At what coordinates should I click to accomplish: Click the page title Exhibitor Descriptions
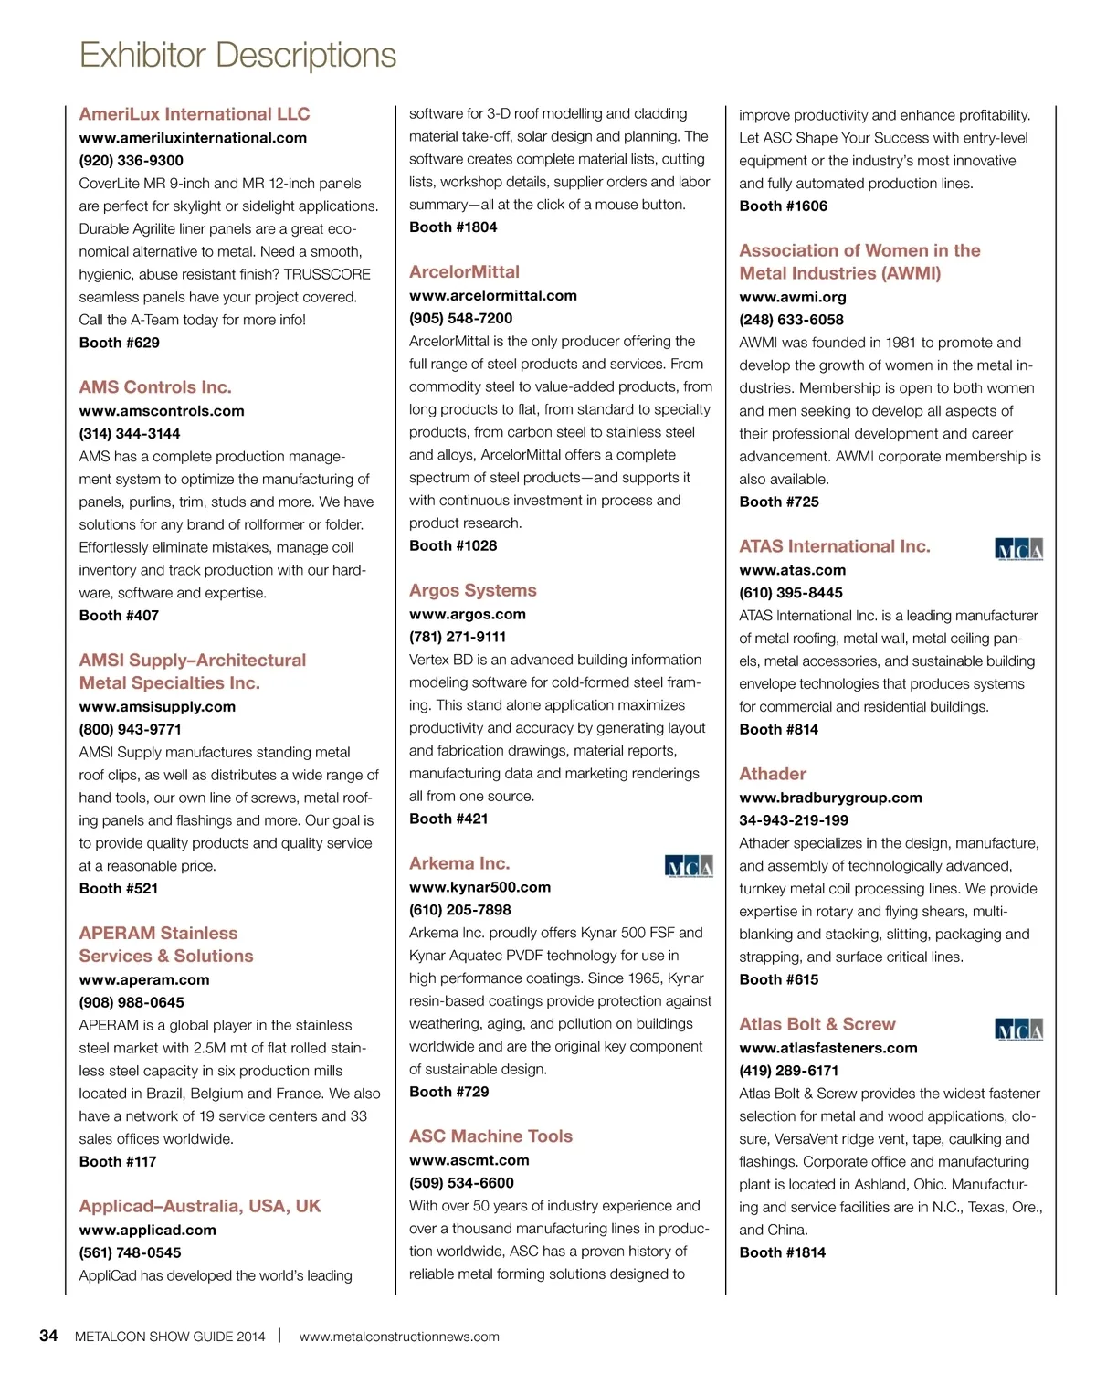click(237, 56)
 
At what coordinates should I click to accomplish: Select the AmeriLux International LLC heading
click(195, 114)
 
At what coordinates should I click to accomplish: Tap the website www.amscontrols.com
click(162, 411)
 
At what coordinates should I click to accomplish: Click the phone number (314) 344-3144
click(130, 434)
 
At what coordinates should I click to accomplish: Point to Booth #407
click(119, 616)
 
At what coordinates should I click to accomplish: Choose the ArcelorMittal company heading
click(464, 272)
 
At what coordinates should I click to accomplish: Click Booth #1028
click(453, 546)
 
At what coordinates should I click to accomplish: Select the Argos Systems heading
click(473, 591)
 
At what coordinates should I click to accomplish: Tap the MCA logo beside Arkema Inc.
click(689, 866)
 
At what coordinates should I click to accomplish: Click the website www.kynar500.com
click(479, 888)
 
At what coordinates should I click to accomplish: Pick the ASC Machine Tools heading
click(490, 1136)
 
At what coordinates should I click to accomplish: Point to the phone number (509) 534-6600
click(461, 1183)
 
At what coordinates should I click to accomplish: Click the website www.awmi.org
click(793, 298)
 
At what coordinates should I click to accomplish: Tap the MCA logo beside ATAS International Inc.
click(1018, 549)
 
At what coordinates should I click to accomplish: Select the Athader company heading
click(773, 774)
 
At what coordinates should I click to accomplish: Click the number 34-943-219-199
click(794, 820)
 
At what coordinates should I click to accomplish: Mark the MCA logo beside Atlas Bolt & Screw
click(1018, 1030)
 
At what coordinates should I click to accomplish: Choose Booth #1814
click(782, 1253)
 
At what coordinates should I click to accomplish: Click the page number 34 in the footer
click(48, 1336)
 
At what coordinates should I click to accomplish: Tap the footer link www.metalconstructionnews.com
click(399, 1337)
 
